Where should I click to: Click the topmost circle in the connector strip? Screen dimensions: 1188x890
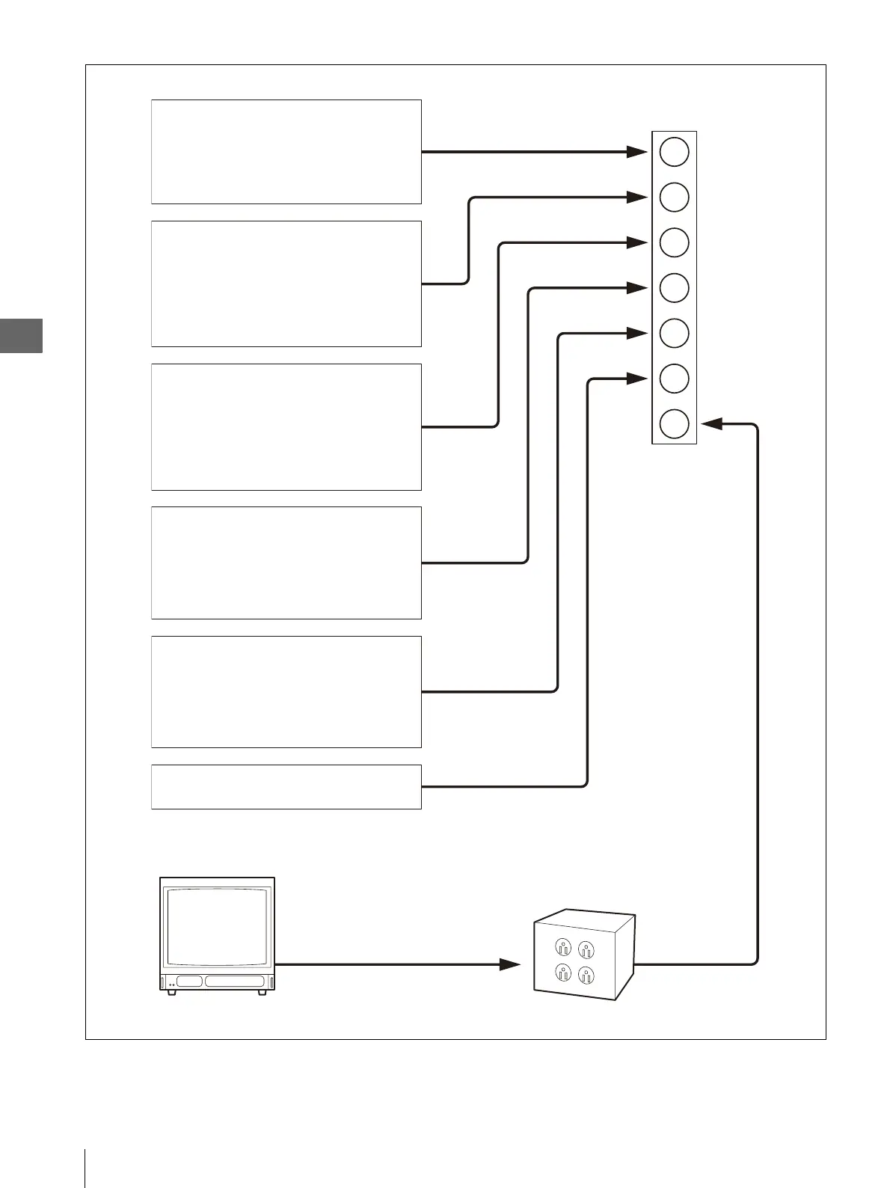tap(674, 152)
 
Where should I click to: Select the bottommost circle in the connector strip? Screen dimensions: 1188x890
tap(674, 423)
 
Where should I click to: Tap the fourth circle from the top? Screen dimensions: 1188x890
tap(674, 288)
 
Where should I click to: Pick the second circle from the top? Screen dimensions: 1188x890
tap(674, 198)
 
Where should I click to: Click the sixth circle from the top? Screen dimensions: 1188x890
tap(674, 379)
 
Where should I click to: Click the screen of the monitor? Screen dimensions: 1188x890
tap(217, 926)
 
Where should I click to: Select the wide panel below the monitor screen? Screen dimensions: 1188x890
tap(235, 982)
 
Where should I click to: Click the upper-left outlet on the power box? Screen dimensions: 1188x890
tap(563, 948)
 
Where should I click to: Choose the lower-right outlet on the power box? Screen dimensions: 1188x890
tap(587, 975)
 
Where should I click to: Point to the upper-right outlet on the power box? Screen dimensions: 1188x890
tap(587, 950)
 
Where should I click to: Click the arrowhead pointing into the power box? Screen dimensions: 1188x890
tap(510, 964)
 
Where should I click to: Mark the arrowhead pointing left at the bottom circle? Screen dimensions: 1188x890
tap(711, 423)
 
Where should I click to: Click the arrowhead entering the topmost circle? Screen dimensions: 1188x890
tap(636, 152)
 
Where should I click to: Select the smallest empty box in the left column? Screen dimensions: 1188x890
tap(286, 786)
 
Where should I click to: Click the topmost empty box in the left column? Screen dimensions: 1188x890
tap(286, 152)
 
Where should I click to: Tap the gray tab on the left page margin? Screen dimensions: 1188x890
tap(21, 335)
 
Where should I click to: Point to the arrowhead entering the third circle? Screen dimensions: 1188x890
tap(636, 242)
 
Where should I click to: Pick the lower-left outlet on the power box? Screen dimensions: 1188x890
tap(563, 973)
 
